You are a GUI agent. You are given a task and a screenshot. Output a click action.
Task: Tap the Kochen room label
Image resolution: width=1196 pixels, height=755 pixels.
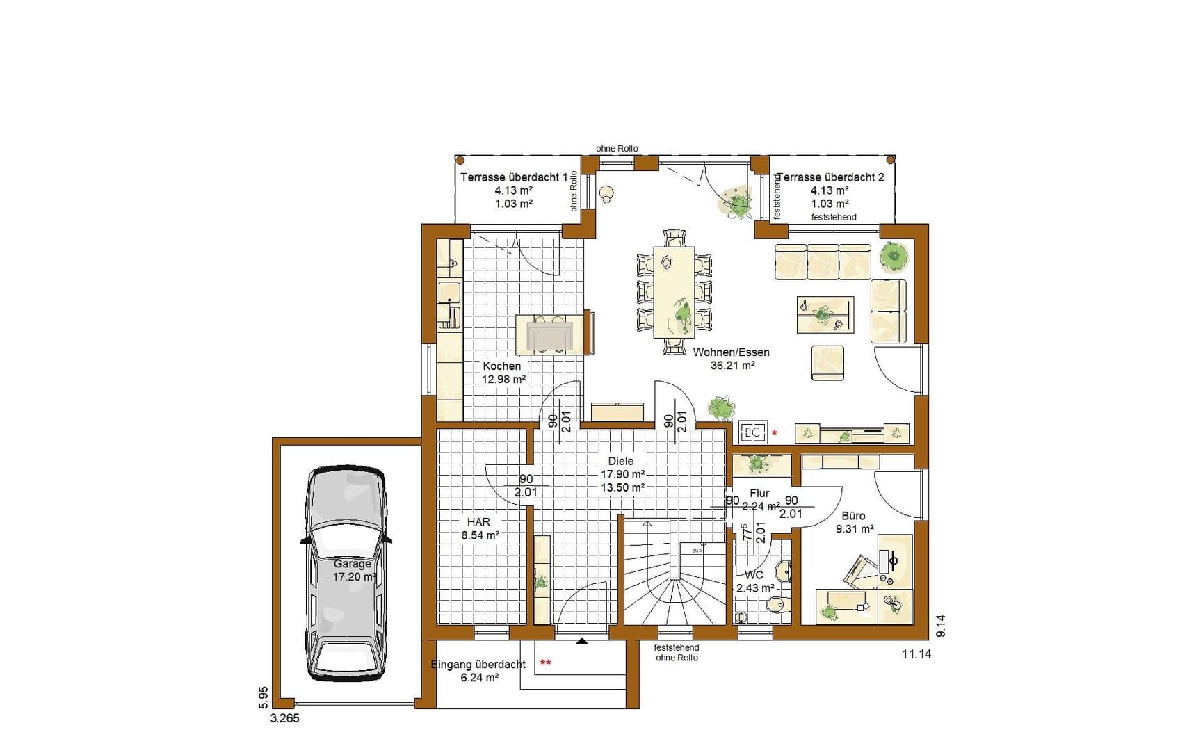coord(502,366)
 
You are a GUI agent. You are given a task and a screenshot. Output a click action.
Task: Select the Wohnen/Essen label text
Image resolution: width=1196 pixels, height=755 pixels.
coord(731,352)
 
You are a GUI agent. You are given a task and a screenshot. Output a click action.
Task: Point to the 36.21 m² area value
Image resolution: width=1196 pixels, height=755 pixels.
coord(732,366)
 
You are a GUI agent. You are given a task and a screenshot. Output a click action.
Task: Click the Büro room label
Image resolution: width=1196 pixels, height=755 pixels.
coord(853,516)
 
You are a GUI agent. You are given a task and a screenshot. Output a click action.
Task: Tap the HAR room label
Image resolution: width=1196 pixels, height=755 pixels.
coord(478,522)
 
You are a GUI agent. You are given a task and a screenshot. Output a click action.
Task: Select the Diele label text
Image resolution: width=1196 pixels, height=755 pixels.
coord(621,461)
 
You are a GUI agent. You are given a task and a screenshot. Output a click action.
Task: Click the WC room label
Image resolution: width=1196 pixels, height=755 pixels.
coord(754,575)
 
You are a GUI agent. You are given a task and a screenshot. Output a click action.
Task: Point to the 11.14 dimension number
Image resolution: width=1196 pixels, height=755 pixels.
coord(916,654)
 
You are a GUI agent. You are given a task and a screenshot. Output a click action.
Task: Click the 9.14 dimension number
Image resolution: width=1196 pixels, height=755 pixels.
coord(941,626)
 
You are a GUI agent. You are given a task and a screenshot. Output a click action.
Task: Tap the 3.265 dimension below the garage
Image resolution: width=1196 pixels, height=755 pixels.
coord(285,719)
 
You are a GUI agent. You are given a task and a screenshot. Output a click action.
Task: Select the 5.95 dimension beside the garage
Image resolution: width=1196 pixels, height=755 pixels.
coord(263,697)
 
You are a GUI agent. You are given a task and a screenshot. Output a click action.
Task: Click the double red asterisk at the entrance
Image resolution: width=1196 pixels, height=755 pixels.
coord(546,663)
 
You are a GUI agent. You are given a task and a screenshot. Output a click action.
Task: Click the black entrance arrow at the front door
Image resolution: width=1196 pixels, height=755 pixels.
coord(582,640)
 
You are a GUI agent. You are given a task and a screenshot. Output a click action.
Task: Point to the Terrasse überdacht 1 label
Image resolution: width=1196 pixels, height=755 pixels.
coord(514,177)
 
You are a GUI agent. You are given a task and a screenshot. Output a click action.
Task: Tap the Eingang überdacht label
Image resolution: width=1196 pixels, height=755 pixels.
coord(478,665)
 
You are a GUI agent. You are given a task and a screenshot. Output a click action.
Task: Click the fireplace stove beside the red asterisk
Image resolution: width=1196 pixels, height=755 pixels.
coord(752,432)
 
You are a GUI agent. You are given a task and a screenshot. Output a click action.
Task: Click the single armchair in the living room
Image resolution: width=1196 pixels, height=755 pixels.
coord(827,363)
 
